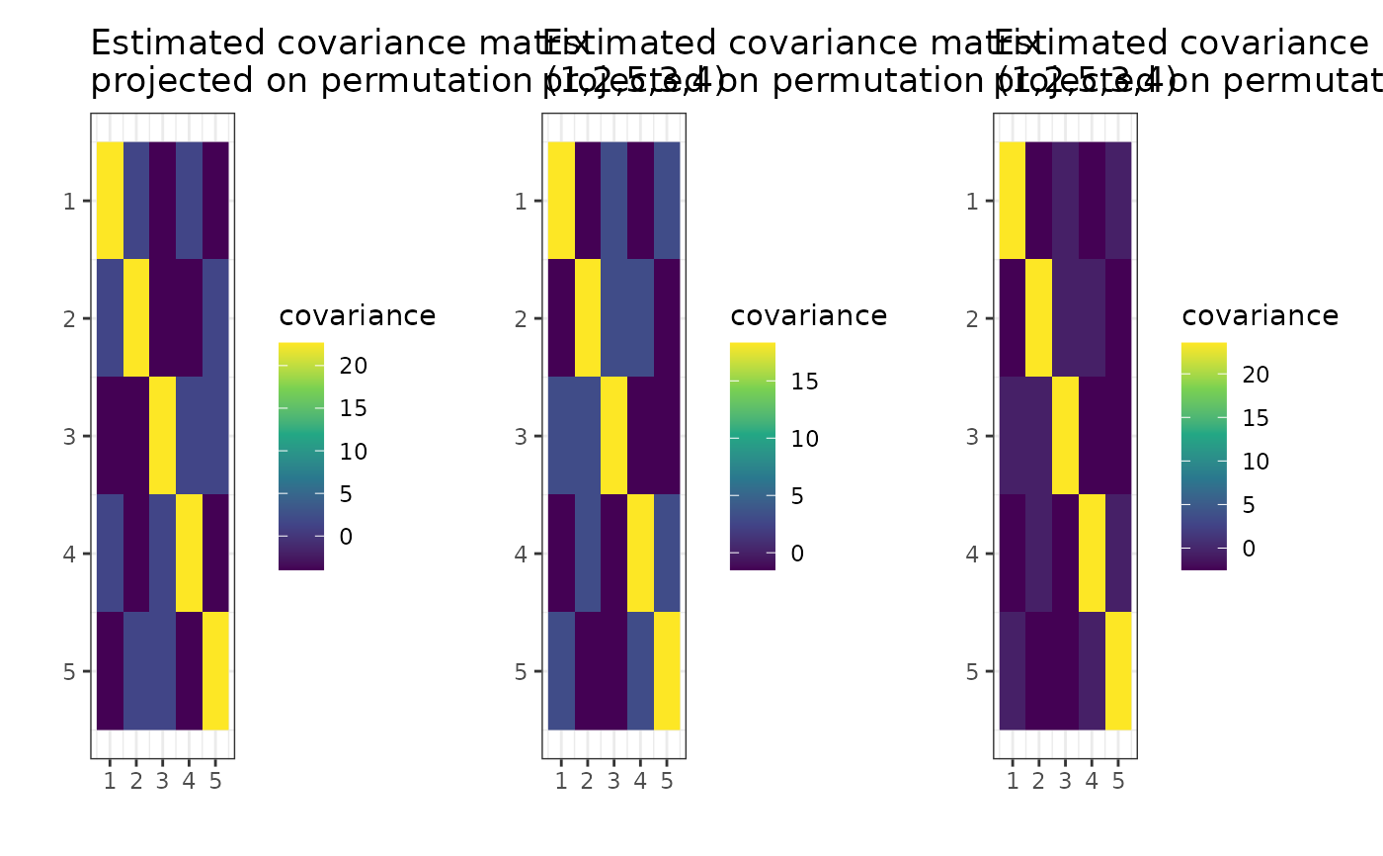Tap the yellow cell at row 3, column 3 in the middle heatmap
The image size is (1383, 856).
[x=613, y=435]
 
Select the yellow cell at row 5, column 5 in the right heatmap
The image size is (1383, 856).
[x=1117, y=670]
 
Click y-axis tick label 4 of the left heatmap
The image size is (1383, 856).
[x=69, y=554]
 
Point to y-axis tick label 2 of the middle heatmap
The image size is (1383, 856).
[x=521, y=318]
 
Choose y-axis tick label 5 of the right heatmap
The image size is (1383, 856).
[x=972, y=671]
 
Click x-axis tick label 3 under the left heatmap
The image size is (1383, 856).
[x=162, y=783]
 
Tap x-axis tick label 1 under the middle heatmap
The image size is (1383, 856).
[x=561, y=783]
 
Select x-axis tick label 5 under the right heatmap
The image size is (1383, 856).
[x=1117, y=783]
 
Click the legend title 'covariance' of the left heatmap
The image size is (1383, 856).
[x=358, y=316]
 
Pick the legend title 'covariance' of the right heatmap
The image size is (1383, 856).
[x=1260, y=316]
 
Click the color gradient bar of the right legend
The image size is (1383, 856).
[x=1203, y=456]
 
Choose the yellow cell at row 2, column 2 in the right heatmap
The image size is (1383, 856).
[x=1038, y=318]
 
